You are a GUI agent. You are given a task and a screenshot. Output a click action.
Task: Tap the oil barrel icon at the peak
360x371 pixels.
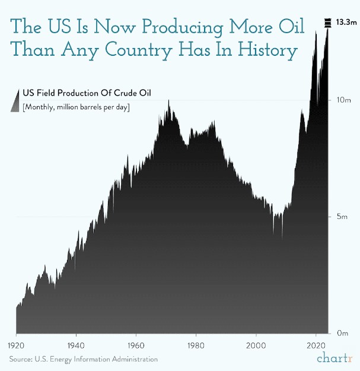[327, 23]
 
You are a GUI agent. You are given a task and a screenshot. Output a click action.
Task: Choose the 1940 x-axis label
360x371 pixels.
[75, 345]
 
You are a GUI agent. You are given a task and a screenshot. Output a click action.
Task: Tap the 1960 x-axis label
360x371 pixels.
[136, 345]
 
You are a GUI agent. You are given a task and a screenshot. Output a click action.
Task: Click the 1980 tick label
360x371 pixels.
[196, 345]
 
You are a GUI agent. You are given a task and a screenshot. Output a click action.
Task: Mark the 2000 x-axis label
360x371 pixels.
[256, 345]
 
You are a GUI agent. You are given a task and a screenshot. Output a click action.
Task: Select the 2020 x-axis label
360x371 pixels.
[316, 345]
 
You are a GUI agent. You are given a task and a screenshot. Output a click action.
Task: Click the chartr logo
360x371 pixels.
[334, 359]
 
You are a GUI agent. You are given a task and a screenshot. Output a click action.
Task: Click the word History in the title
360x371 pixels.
[264, 51]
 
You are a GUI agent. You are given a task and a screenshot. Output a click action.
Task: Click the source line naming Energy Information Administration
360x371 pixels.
[83, 359]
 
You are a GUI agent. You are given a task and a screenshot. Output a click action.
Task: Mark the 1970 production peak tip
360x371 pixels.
[169, 100]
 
